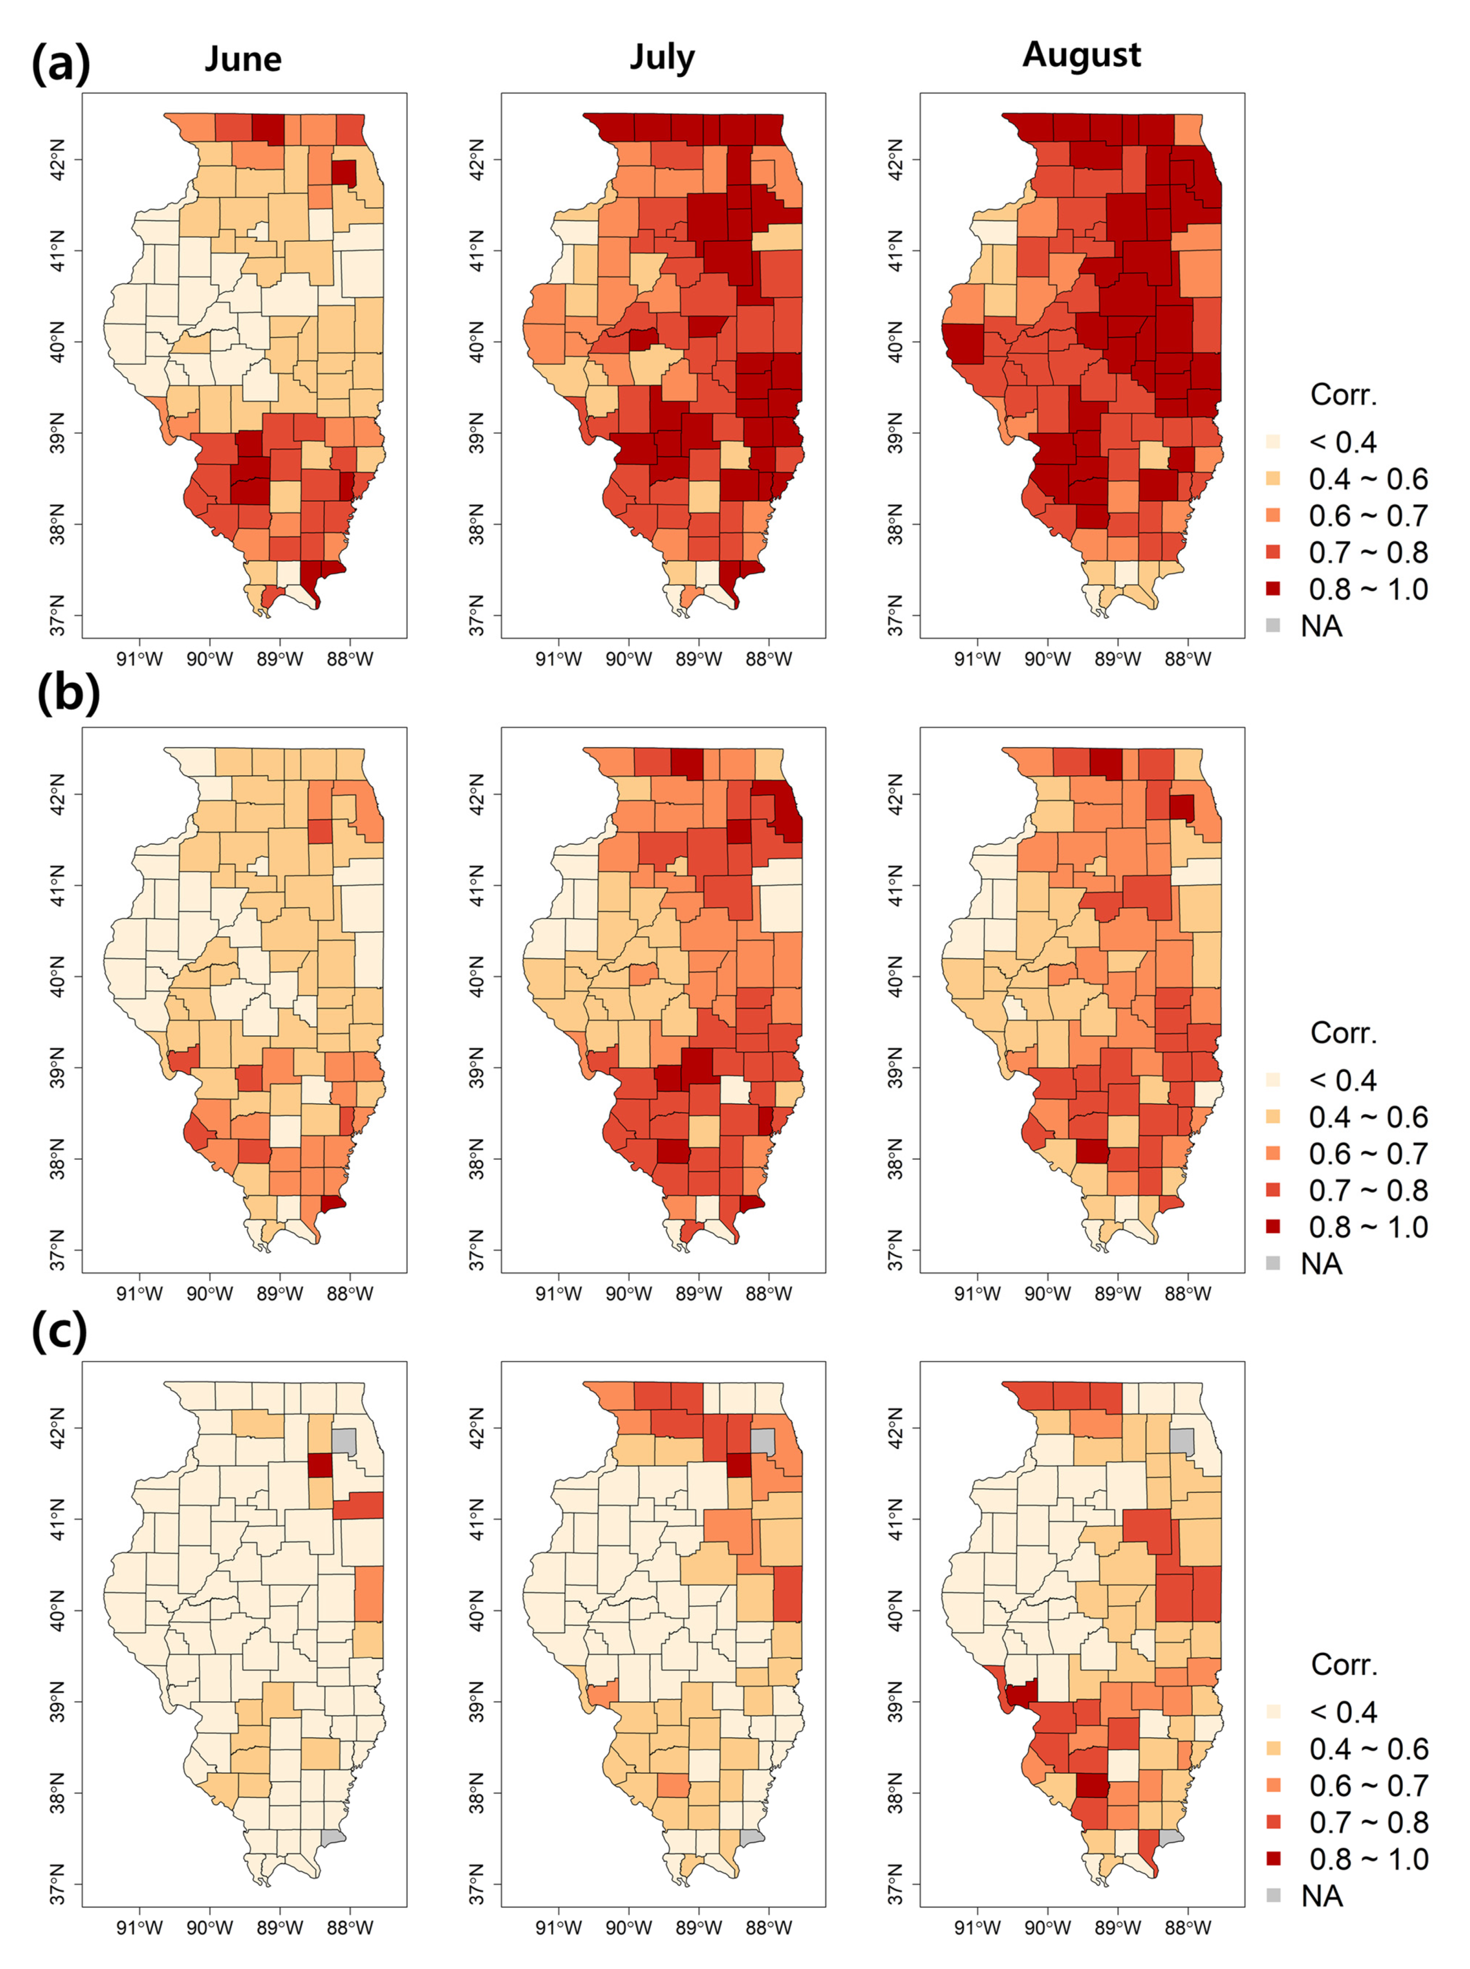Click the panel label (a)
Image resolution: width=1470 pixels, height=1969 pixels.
[x=61, y=64]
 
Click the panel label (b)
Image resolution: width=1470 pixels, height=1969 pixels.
[x=67, y=694]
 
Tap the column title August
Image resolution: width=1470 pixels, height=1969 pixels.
[x=1081, y=55]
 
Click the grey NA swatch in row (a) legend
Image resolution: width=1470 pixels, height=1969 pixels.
[x=1273, y=626]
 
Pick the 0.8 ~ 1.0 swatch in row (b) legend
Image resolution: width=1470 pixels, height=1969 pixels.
[x=1273, y=1227]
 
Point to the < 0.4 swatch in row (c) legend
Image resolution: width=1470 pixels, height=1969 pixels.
[x=1273, y=1712]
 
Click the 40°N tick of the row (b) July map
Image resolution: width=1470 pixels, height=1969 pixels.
[x=476, y=977]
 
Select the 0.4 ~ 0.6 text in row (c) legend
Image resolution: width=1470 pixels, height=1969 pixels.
[x=1368, y=1749]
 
